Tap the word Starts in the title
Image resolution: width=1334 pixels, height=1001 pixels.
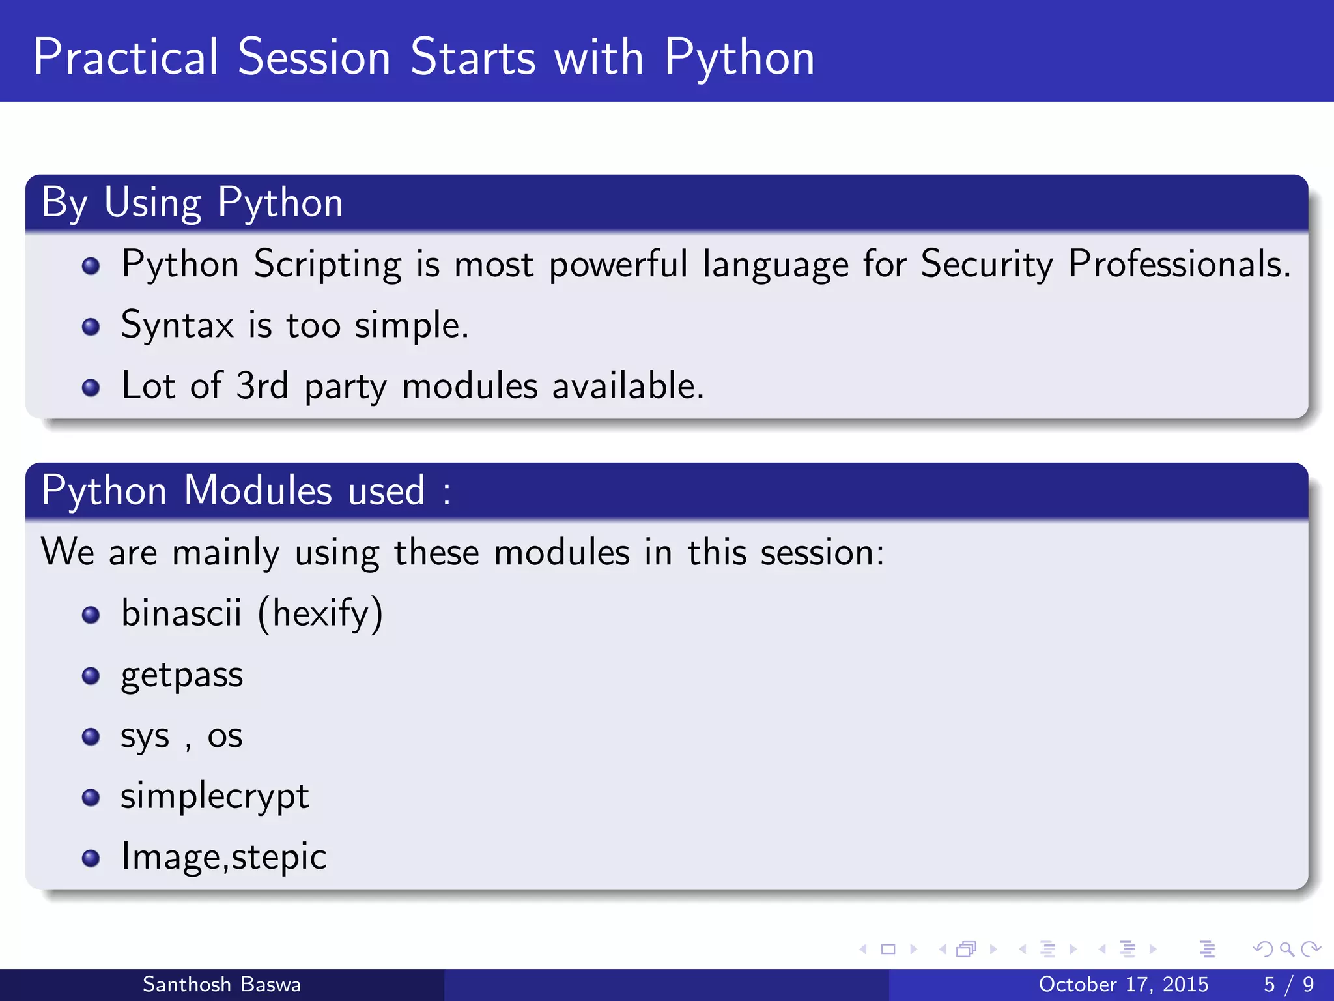point(473,57)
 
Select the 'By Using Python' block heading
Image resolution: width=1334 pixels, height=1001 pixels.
point(192,203)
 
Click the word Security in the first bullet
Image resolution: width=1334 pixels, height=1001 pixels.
point(986,265)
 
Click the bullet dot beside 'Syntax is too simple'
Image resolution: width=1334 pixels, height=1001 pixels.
point(91,326)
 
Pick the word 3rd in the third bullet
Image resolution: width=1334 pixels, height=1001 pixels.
point(262,386)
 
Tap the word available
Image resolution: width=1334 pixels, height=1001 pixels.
point(628,386)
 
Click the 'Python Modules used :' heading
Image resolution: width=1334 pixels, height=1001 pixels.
point(246,491)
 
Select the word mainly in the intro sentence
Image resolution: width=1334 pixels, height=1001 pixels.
point(225,553)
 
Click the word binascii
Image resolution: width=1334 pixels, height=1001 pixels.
point(181,613)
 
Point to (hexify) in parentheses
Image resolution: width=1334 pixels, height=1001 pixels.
point(320,613)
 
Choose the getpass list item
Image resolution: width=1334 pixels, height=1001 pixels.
point(182,675)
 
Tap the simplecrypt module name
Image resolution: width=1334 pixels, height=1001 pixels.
point(214,797)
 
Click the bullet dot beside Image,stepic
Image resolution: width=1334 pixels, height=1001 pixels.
point(91,858)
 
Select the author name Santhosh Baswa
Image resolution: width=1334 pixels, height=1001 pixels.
point(221,984)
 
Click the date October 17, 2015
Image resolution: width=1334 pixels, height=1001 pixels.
point(1123,984)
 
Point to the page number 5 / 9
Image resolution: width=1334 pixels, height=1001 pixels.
point(1288,984)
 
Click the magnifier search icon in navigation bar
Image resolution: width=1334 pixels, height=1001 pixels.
point(1286,949)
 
